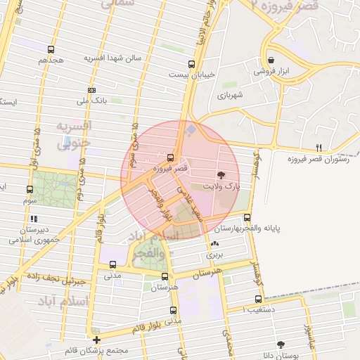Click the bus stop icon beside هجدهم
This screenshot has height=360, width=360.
point(51,50)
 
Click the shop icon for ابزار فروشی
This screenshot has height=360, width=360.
point(271,61)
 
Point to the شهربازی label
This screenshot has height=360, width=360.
point(229,94)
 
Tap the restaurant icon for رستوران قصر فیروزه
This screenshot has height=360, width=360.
point(318,148)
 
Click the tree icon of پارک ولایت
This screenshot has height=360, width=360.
point(221,175)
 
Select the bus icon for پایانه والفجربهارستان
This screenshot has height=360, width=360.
point(246,217)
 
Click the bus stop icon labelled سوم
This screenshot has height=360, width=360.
point(30,189)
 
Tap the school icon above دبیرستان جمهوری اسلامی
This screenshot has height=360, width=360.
point(32,219)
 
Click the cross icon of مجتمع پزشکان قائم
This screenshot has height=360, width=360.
point(96,340)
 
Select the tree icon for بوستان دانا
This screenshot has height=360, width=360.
point(281,345)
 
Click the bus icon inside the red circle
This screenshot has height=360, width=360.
point(171,157)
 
